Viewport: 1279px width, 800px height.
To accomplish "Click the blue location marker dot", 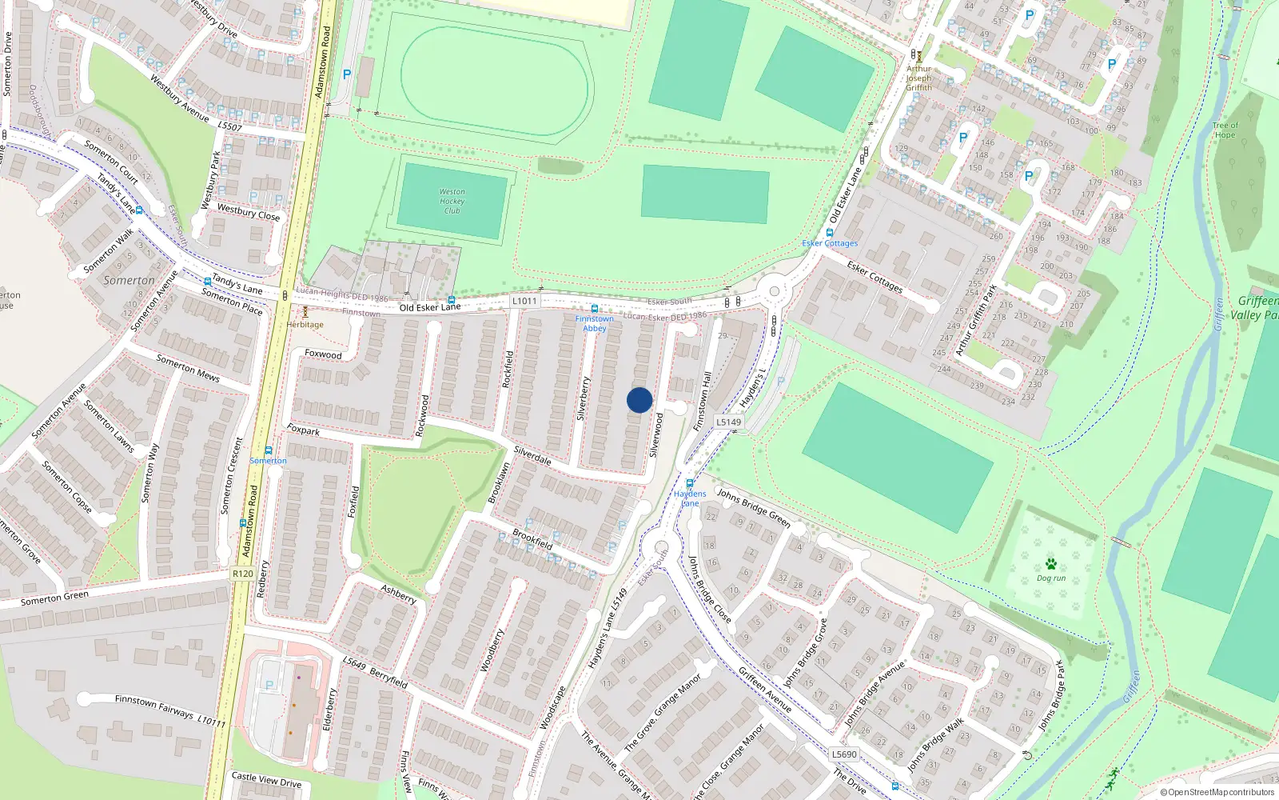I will click(x=639, y=400).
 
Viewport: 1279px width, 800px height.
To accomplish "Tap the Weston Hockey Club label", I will click(x=452, y=201).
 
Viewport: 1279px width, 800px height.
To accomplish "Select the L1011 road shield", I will click(x=524, y=301).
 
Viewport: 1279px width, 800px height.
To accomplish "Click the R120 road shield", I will click(x=242, y=574).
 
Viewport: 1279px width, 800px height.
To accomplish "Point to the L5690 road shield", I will click(x=844, y=754).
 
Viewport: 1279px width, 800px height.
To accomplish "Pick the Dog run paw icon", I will click(x=1050, y=564).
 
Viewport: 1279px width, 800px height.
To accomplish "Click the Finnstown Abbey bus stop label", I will click(x=595, y=323).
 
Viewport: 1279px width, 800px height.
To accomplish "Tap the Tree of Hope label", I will click(x=1225, y=130).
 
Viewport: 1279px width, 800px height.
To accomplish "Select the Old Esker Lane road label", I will click(x=430, y=307).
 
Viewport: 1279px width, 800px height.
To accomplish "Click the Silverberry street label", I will click(x=583, y=398).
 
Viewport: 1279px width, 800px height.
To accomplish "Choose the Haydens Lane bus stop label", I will click(x=690, y=498).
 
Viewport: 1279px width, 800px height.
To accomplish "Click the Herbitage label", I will click(x=305, y=325).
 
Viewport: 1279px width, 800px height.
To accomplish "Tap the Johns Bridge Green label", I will click(x=753, y=508).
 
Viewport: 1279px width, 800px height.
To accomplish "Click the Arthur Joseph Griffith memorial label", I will click(x=919, y=78).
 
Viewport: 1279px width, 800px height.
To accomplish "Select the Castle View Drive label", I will click(x=266, y=779).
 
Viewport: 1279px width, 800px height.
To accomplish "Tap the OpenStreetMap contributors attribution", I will click(x=1217, y=792).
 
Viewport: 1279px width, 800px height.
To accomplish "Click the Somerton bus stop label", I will click(x=268, y=461).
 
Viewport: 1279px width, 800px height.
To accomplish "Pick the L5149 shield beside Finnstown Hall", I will click(x=728, y=422).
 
